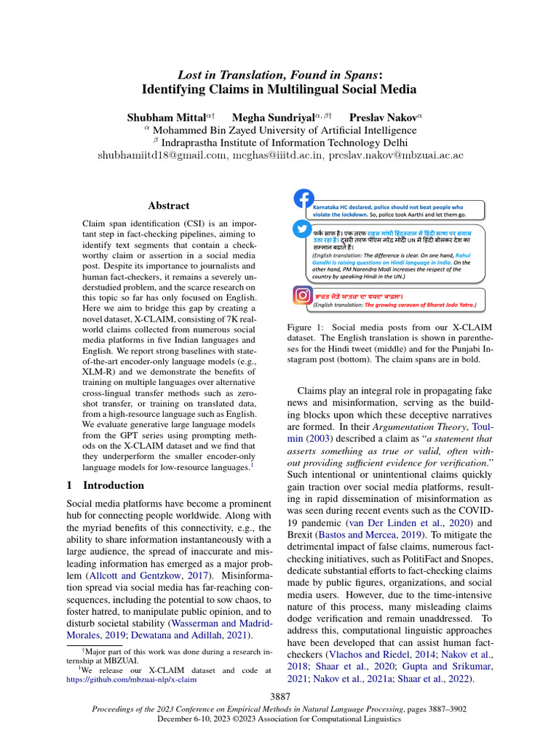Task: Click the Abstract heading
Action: point(168,206)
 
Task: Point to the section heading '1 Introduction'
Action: point(106,485)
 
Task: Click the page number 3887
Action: point(279,697)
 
